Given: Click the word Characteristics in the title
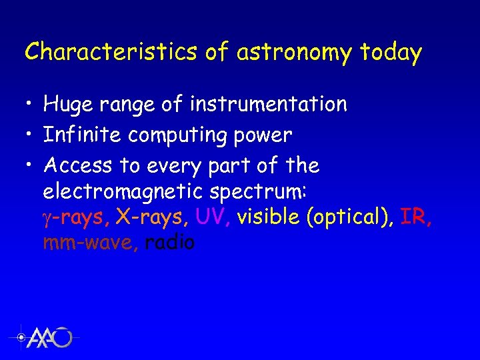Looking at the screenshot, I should tap(111, 51).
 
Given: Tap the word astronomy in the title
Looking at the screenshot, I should tap(294, 51).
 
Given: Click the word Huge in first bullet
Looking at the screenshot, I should tap(69, 104).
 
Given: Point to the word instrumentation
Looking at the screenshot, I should tap(268, 104).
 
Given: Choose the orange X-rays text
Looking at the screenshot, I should tap(153, 217).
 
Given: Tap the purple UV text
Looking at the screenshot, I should tap(213, 217).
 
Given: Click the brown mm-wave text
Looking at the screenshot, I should tap(91, 243).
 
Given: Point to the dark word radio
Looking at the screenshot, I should tap(169, 243).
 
